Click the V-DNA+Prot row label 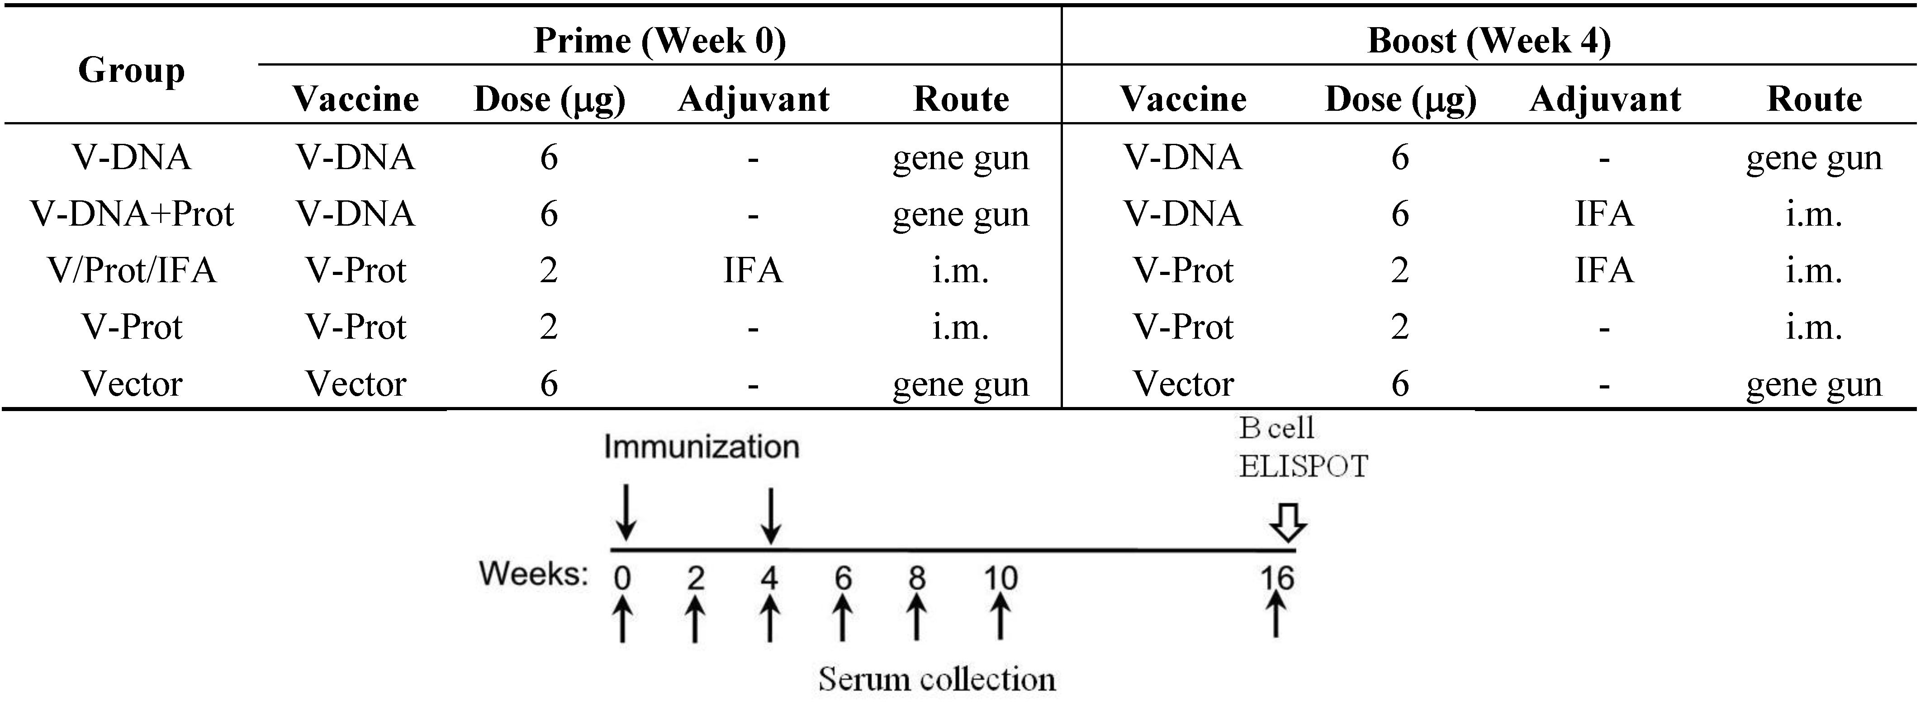click(x=132, y=214)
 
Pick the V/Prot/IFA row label click(x=132, y=270)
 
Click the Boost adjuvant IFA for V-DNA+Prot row click(x=1603, y=214)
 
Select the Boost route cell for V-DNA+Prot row click(x=1813, y=214)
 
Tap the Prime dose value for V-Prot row click(x=549, y=327)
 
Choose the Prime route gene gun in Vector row click(x=961, y=384)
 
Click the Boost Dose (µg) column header click(x=1400, y=99)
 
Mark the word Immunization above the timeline click(x=701, y=447)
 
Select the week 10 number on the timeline click(x=1000, y=578)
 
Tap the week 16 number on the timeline click(x=1276, y=578)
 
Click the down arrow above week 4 click(x=770, y=515)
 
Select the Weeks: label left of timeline click(x=533, y=574)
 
